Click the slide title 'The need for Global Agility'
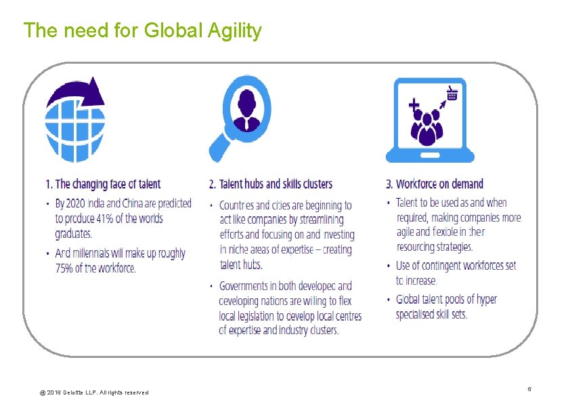[142, 31]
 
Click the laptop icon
[430, 121]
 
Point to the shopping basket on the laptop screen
[452, 94]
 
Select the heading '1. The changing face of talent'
[103, 184]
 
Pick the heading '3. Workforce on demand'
[435, 184]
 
